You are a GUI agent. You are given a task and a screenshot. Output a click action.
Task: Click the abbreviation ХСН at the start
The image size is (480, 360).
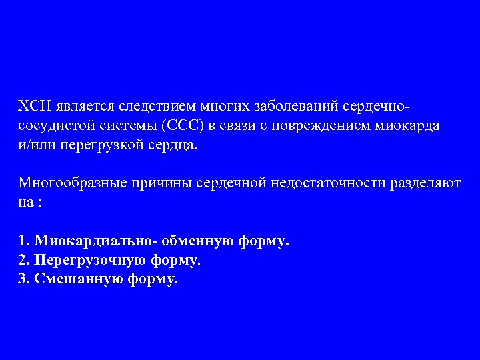click(x=32, y=107)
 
